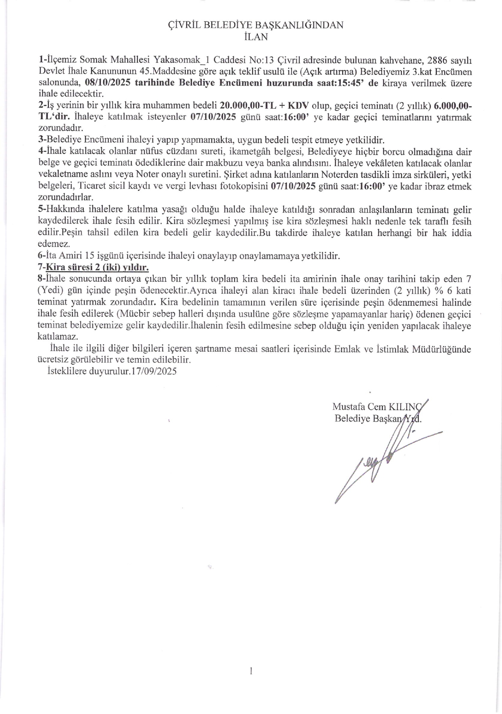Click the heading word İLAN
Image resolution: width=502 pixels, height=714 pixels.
click(255, 37)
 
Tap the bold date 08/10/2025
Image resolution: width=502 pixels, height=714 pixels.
click(108, 83)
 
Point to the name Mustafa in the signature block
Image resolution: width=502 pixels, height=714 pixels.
click(347, 407)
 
